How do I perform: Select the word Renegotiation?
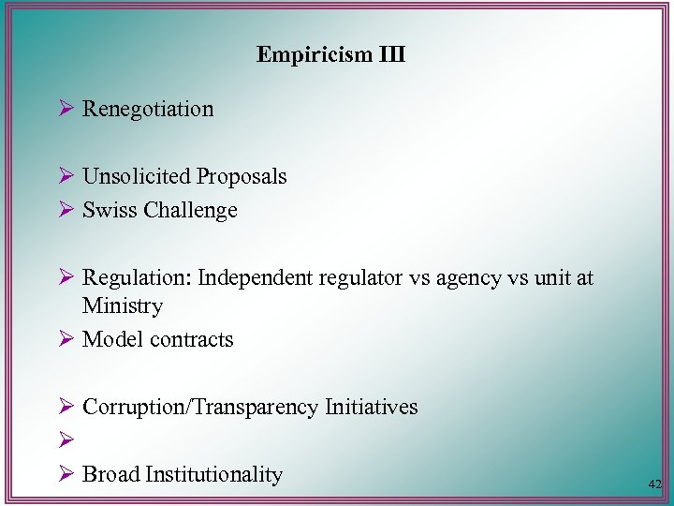click(x=148, y=109)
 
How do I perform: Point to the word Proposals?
click(x=242, y=176)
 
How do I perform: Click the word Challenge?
click(x=191, y=210)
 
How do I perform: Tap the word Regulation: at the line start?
click(x=136, y=278)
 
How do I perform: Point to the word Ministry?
click(x=123, y=305)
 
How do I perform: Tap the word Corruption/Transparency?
click(x=200, y=407)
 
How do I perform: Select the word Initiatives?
click(x=371, y=407)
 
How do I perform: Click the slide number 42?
click(x=654, y=484)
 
